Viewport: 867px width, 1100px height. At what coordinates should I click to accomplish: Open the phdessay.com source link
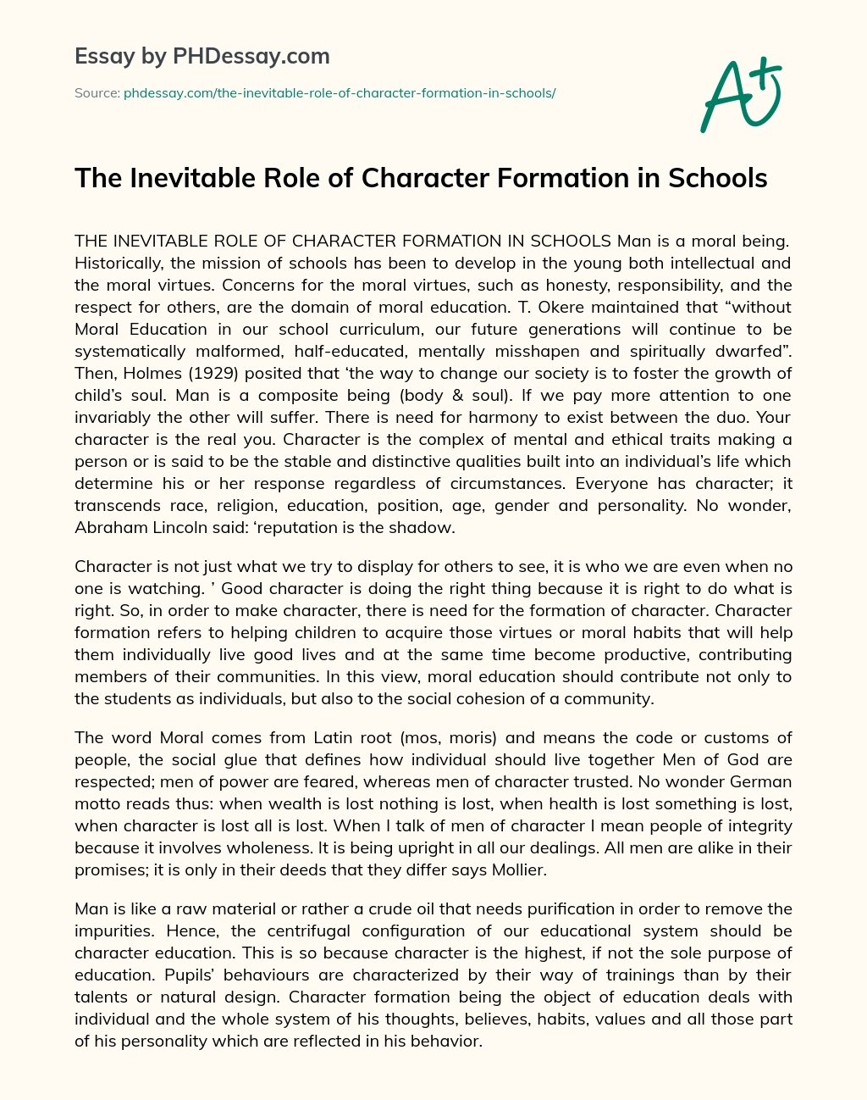coord(339,93)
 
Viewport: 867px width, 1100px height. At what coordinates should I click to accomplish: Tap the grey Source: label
coord(97,93)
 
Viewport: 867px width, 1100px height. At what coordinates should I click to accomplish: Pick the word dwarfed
coord(752,351)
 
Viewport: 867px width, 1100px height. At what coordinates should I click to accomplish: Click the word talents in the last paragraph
coord(98,997)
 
